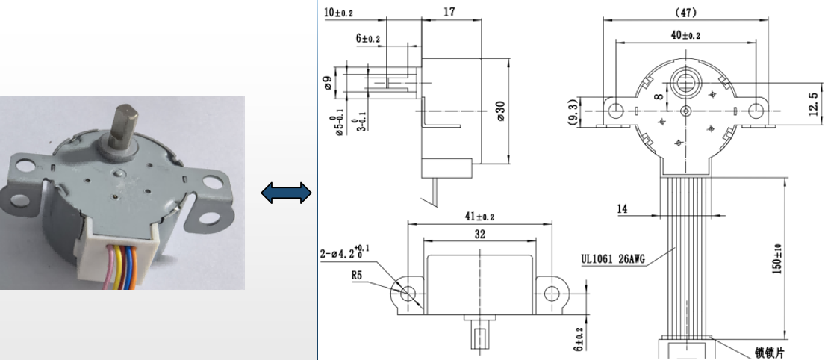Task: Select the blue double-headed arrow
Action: (285, 193)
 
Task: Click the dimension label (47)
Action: (685, 13)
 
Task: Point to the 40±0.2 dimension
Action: (685, 35)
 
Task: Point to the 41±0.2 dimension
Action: (479, 217)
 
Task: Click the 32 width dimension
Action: (479, 233)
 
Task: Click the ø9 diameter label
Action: (329, 84)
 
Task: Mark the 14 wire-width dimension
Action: (621, 209)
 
